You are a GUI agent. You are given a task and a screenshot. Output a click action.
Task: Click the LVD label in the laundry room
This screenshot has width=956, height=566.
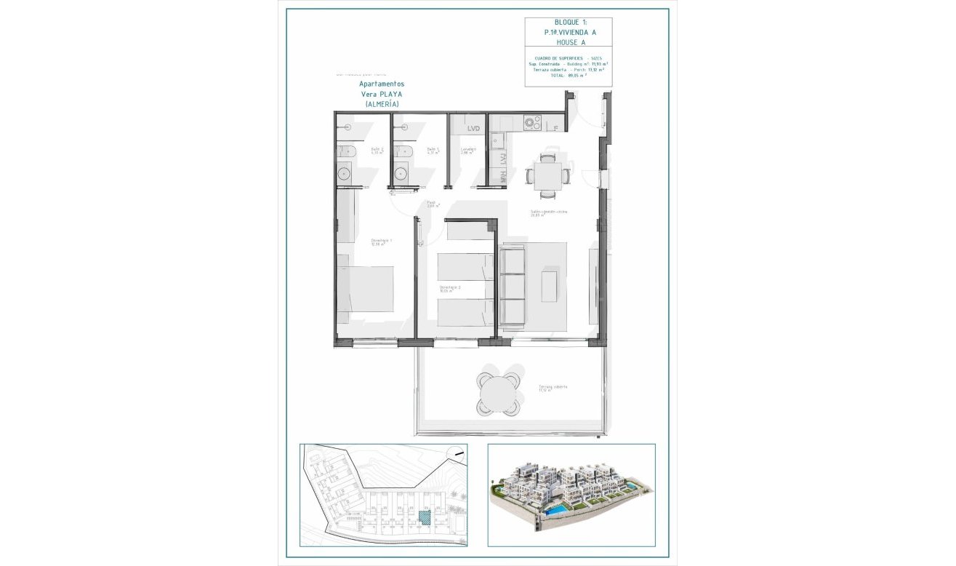(x=474, y=129)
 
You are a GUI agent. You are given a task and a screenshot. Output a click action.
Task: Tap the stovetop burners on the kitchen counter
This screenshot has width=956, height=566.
(x=532, y=121)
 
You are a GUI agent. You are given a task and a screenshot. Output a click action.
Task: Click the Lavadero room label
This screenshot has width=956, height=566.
(x=468, y=151)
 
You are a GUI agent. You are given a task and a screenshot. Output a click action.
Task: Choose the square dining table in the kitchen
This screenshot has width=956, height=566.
(x=547, y=175)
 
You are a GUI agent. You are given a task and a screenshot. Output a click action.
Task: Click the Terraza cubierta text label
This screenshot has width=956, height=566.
(x=553, y=388)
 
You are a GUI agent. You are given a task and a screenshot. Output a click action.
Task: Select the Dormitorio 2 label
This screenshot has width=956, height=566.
(x=450, y=288)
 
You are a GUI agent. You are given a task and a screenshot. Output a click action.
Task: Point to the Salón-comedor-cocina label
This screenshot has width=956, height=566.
(x=548, y=212)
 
